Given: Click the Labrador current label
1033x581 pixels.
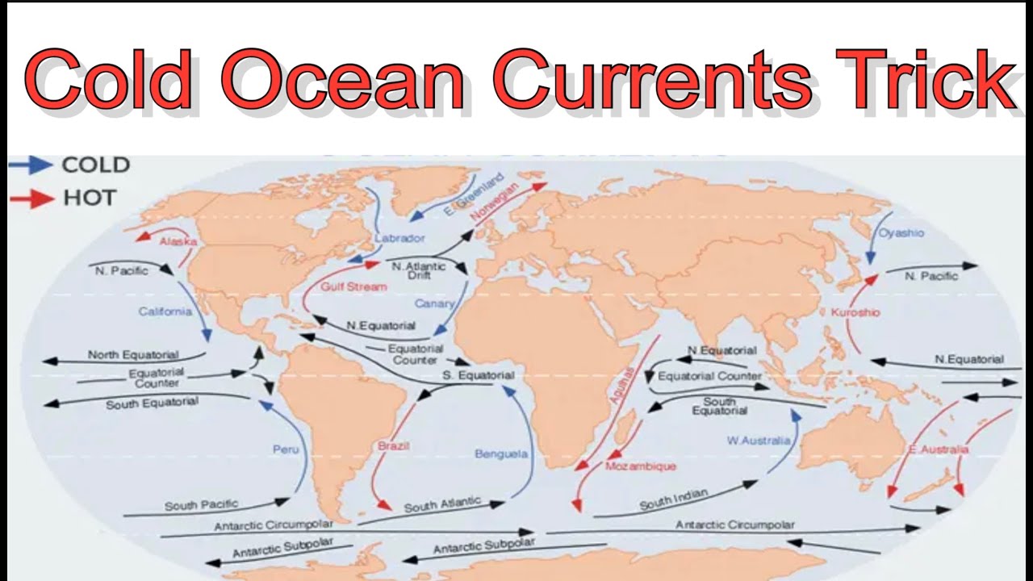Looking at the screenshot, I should (399, 238).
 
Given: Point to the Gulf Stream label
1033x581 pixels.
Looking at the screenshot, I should (353, 286).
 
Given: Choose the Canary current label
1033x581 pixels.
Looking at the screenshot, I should (434, 303).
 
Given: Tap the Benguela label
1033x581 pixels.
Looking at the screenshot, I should (501, 454).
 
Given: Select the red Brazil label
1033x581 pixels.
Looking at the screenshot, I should (394, 445).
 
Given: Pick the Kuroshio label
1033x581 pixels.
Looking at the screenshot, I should (855, 311).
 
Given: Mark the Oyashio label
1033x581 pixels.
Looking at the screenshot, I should (901, 233).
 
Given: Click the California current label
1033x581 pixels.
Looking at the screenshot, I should (165, 311).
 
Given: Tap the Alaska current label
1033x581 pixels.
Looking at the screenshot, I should (178, 241).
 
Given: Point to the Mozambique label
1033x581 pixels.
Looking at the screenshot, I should (641, 466).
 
